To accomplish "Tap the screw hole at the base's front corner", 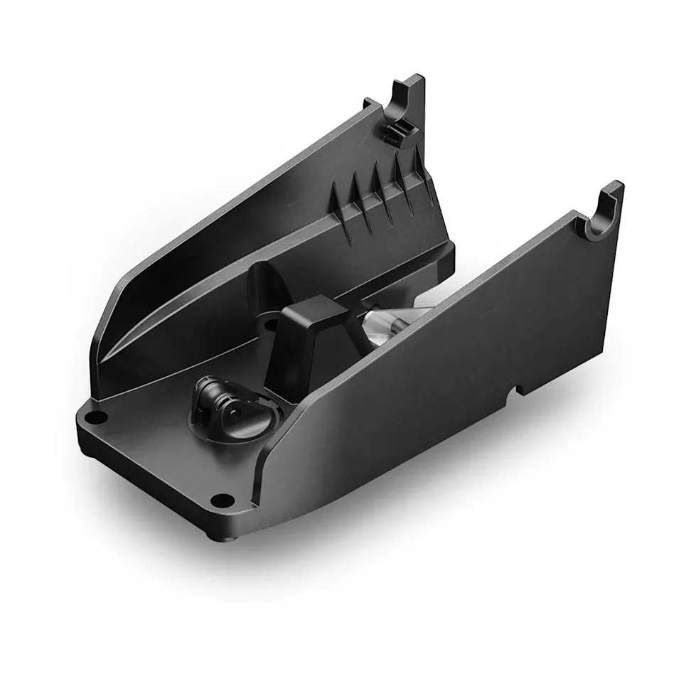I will pyautogui.click(x=223, y=498).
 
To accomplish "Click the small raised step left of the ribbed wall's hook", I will pyautogui.click(x=370, y=104).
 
